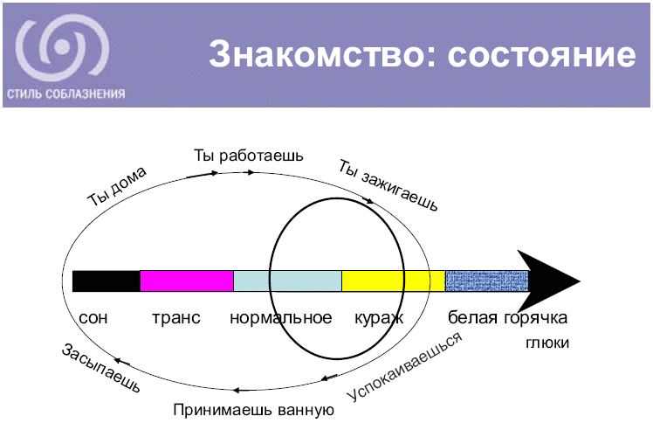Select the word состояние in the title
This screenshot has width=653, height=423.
541,55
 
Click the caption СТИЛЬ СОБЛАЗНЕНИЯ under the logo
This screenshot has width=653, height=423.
65,94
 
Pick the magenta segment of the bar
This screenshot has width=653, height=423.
187,281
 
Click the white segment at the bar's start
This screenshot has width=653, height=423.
106,281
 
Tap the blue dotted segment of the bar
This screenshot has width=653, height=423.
486,281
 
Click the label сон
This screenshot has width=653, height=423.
93,317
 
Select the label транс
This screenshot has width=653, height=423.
176,317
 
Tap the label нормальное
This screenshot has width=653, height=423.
280,317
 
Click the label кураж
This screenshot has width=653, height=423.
379,317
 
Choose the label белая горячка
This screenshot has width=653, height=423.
508,317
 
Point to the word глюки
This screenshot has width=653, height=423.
548,343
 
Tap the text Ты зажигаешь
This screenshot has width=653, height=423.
388,184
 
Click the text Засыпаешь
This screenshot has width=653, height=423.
100,368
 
